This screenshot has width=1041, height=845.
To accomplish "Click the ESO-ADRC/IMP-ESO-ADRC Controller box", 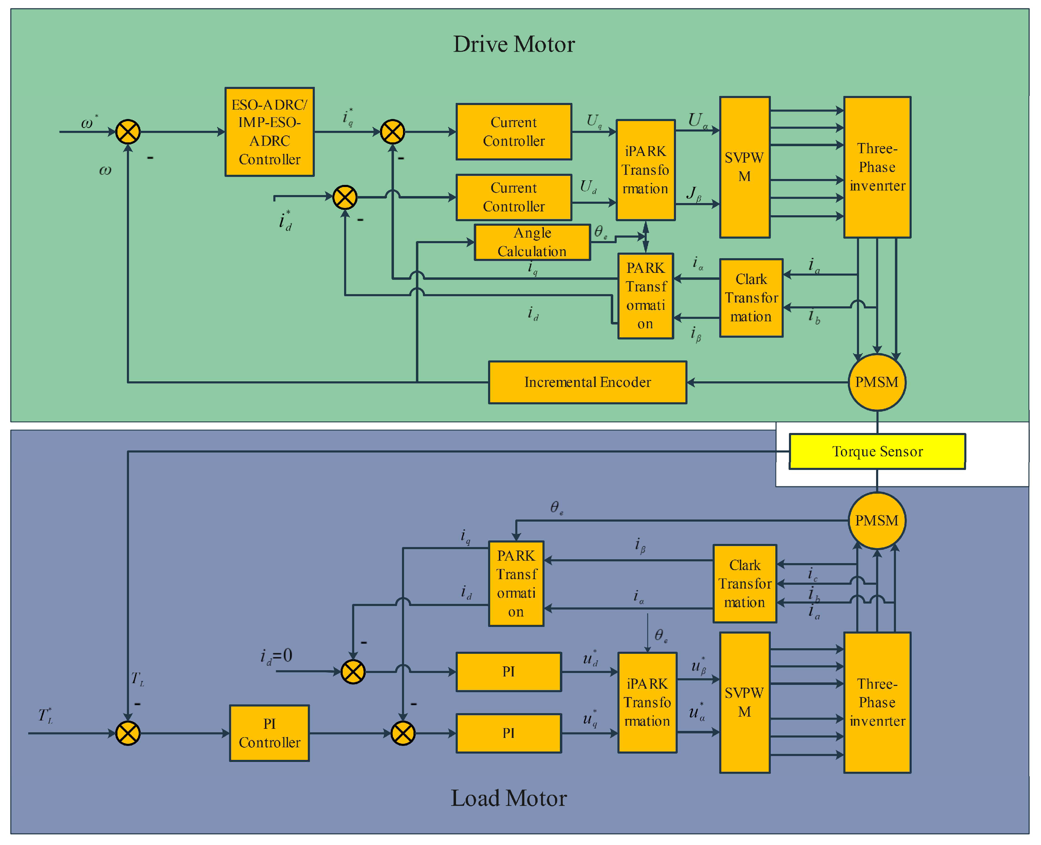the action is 269,132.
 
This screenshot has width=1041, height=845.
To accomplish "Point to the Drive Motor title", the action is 514,44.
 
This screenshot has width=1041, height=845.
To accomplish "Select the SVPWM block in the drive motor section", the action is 745,167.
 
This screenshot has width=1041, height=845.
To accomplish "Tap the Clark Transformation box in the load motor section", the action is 745,584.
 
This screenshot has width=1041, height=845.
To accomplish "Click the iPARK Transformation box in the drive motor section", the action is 646,170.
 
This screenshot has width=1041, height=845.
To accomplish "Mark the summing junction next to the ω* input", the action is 128,132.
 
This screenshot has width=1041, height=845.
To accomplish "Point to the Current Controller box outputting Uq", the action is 514,132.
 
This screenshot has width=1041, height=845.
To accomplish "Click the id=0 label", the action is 276,657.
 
